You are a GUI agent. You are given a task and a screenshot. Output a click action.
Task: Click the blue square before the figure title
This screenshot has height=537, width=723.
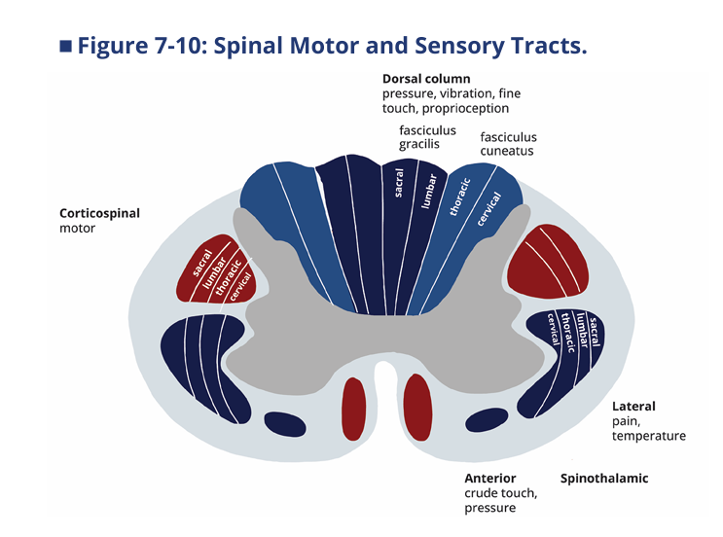click(65, 46)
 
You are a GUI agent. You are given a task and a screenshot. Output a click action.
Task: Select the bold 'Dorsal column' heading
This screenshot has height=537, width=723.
click(426, 79)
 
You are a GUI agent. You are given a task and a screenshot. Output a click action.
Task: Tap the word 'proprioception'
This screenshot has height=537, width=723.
click(465, 109)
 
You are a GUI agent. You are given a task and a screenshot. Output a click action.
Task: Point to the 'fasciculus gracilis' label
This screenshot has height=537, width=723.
click(427, 137)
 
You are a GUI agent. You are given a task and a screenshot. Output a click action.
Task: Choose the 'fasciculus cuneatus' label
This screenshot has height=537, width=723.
click(508, 144)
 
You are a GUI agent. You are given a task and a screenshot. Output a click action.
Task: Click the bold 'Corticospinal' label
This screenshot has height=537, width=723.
click(99, 213)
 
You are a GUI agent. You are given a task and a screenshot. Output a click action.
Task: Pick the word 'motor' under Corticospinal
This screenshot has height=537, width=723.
click(77, 229)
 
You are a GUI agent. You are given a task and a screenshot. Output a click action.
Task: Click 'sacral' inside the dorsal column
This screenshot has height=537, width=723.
click(399, 183)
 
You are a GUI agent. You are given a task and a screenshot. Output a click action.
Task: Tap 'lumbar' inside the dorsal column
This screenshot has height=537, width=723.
click(429, 191)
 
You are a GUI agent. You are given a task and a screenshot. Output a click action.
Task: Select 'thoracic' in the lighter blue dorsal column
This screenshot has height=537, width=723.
click(460, 197)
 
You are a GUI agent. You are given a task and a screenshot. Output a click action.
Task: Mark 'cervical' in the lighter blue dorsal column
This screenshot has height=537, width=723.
click(488, 209)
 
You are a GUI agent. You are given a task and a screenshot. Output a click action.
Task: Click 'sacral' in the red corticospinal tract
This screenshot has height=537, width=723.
click(202, 263)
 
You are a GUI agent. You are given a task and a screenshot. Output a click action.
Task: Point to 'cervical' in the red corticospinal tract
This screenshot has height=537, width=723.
click(240, 287)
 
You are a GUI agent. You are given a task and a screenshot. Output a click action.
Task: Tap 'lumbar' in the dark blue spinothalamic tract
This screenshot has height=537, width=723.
click(582, 330)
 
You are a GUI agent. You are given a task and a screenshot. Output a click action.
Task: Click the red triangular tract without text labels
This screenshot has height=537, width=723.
click(548, 262)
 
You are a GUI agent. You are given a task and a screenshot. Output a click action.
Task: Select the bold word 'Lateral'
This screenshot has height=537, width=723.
click(633, 407)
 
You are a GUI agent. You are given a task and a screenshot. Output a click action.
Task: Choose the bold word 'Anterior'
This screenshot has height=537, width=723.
click(490, 479)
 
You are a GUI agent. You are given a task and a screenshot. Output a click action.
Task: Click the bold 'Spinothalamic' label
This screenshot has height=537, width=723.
click(604, 479)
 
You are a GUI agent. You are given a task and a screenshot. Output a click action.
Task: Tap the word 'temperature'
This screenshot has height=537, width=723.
click(649, 436)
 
